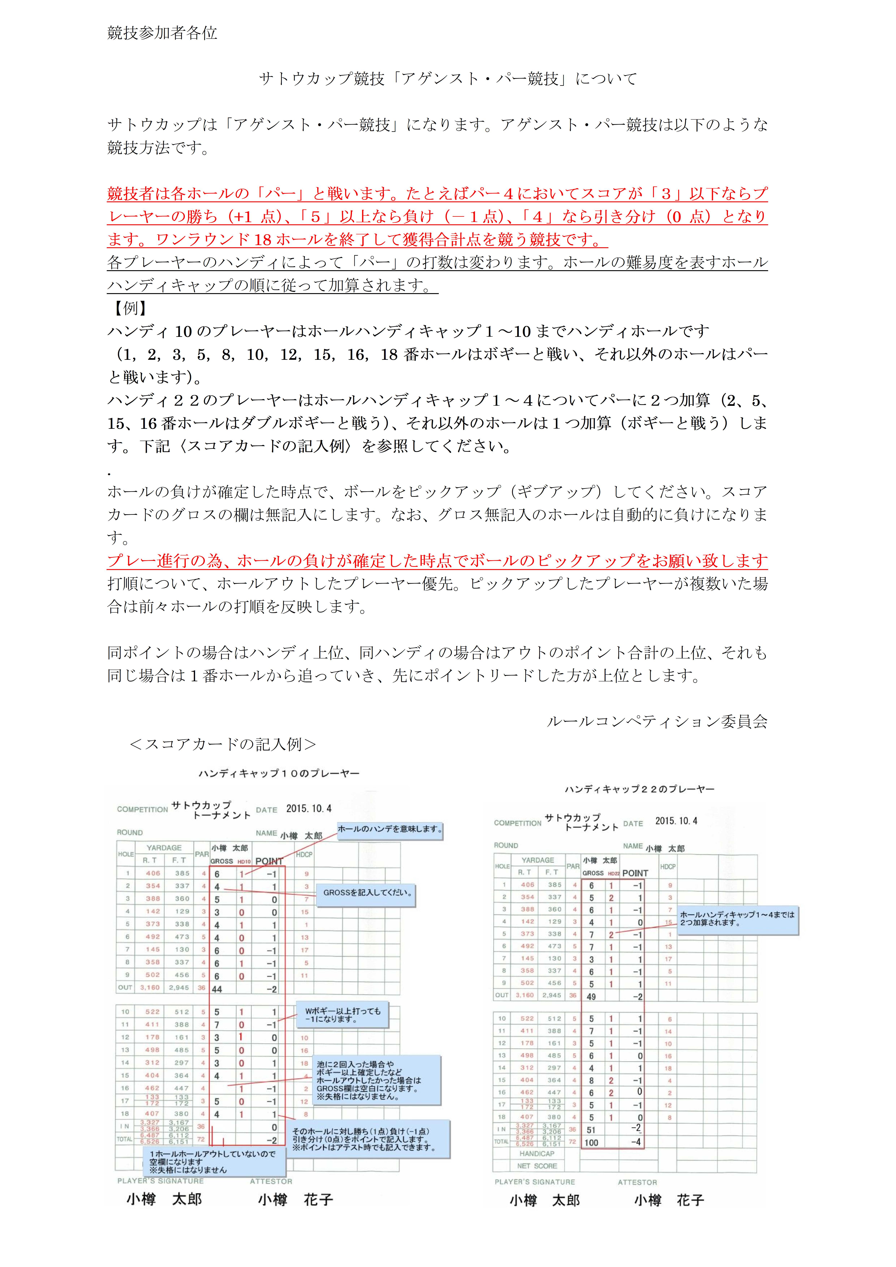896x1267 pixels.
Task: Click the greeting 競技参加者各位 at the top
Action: pos(162,33)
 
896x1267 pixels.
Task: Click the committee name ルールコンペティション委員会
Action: pos(657,721)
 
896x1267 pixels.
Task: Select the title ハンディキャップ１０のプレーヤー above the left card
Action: pos(279,774)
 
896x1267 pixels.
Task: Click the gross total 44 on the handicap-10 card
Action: pos(217,989)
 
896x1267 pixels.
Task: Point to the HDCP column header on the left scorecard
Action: pos(304,854)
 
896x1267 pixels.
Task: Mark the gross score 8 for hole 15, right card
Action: pos(591,1080)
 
